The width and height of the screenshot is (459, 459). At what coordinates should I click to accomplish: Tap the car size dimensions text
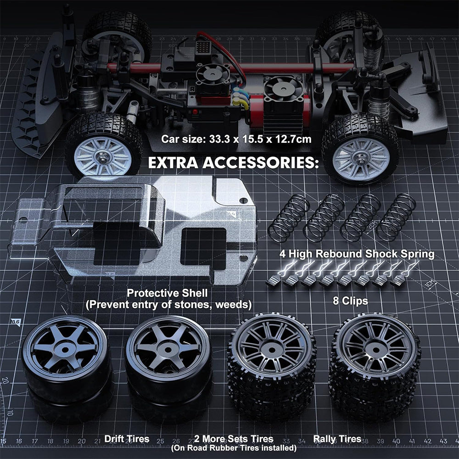point(236,140)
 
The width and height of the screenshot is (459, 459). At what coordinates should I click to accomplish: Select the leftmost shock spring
point(288,218)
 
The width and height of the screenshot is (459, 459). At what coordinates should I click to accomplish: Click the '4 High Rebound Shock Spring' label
point(356,254)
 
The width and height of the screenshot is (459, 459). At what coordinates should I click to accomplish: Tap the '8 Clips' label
point(350,301)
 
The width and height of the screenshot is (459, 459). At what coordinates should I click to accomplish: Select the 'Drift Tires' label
point(127,439)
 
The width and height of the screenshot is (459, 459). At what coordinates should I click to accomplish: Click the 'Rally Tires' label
point(337,439)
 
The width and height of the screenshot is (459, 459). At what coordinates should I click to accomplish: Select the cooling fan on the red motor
point(279,89)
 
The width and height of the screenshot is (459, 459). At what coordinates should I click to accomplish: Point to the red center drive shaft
point(229,68)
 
